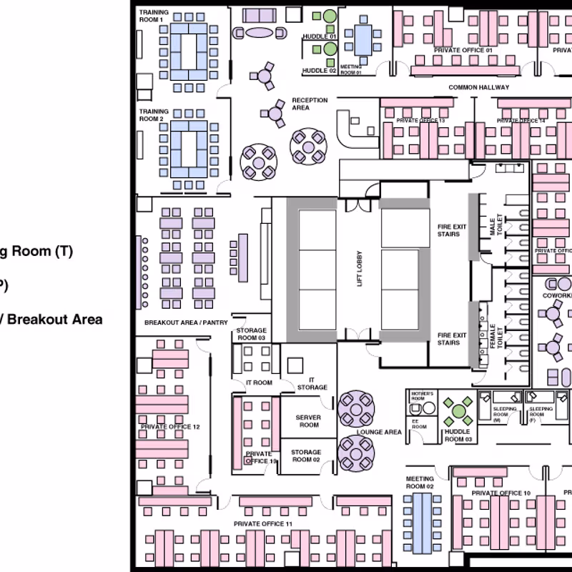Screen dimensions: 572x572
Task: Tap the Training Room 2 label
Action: click(x=154, y=115)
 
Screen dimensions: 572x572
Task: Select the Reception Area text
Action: click(x=310, y=104)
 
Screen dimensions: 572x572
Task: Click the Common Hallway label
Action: click(x=478, y=87)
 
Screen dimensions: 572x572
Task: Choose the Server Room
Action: click(x=308, y=421)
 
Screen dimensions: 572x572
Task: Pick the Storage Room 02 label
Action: click(x=307, y=455)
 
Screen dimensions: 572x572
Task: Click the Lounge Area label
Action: click(x=383, y=432)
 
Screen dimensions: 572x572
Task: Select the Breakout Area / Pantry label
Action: click(x=186, y=322)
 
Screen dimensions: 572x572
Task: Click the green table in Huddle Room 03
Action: click(x=457, y=412)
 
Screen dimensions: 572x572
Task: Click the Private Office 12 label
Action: click(x=170, y=427)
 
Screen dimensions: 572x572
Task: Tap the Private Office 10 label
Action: click(x=500, y=493)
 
